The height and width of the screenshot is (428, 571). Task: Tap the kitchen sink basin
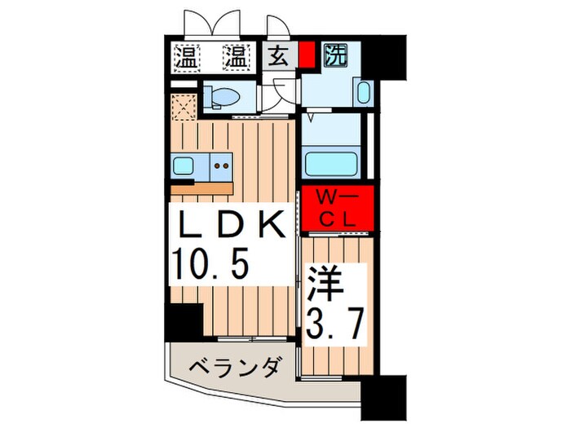[x=184, y=166]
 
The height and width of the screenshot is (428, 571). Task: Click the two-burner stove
[x=222, y=167]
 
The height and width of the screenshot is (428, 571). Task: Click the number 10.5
[x=208, y=263]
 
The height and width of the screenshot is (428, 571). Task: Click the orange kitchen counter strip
[x=204, y=188]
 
